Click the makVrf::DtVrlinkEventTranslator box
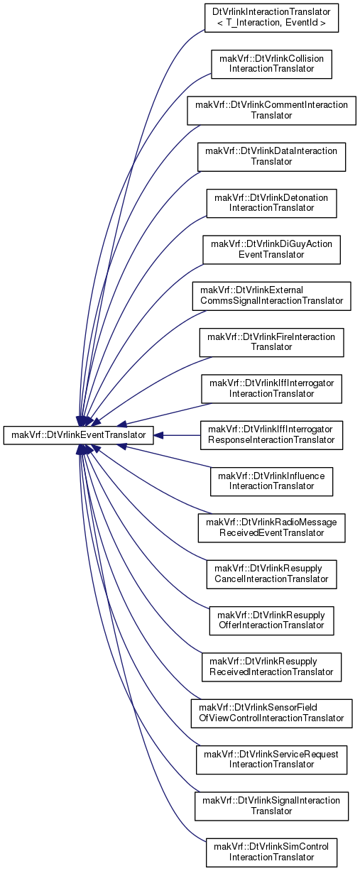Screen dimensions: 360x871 click(78, 435)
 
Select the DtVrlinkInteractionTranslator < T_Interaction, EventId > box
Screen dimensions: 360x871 click(271, 18)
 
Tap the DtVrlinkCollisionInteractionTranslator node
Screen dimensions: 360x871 click(271, 64)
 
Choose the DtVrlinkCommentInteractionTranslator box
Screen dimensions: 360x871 click(271, 111)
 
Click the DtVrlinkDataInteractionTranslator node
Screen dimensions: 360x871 click(271, 157)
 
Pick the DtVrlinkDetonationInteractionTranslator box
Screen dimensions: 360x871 click(271, 203)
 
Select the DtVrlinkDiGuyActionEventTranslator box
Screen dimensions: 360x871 click(271, 250)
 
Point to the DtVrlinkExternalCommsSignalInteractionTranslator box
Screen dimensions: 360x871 click(271, 296)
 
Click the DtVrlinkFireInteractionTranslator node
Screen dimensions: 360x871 click(271, 342)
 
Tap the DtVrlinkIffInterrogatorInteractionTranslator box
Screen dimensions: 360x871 click(271, 389)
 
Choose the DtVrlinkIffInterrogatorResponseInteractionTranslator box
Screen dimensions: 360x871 click(271, 435)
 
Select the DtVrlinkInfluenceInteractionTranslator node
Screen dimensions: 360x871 click(271, 481)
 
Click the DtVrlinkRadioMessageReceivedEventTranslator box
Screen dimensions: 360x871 click(271, 527)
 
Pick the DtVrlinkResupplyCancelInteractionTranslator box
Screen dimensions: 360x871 click(271, 574)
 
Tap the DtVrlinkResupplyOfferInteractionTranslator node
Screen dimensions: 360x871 click(271, 620)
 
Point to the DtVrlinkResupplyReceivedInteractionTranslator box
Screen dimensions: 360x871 click(271, 667)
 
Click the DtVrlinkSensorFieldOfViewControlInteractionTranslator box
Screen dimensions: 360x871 click(271, 713)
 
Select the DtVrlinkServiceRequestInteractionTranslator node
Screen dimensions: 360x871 click(271, 760)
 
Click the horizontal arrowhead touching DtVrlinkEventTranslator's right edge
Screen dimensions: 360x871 click(158, 435)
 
